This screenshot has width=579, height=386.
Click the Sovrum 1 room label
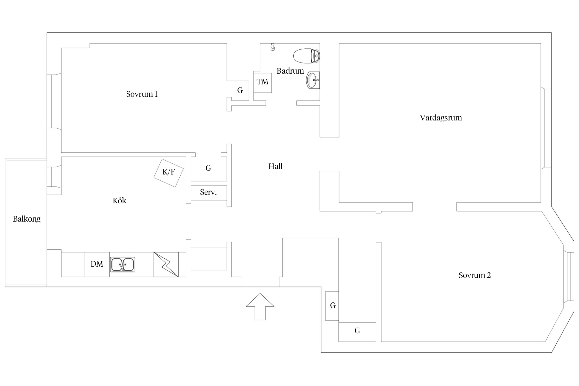click(x=142, y=94)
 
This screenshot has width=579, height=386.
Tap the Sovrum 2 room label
click(x=475, y=275)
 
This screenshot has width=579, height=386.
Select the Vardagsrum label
click(x=441, y=118)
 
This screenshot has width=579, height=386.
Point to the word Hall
click(x=275, y=166)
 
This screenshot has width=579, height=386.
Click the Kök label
click(x=119, y=200)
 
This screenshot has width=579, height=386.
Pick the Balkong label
click(x=27, y=219)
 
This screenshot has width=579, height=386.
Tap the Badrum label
click(x=290, y=71)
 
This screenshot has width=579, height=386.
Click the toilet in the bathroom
click(x=306, y=56)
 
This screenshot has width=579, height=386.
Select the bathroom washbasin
click(x=313, y=80)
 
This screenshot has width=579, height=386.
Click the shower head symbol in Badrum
click(x=273, y=47)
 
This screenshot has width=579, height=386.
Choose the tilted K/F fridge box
click(x=169, y=173)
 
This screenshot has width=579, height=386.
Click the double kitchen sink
click(x=122, y=265)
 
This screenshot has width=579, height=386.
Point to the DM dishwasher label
click(x=97, y=264)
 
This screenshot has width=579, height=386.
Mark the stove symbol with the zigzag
click(x=166, y=265)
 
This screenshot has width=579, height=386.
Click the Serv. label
click(x=208, y=192)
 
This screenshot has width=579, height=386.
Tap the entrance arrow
click(x=260, y=307)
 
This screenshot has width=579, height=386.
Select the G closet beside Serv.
click(x=208, y=168)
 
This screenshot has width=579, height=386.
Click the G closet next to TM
click(x=240, y=90)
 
